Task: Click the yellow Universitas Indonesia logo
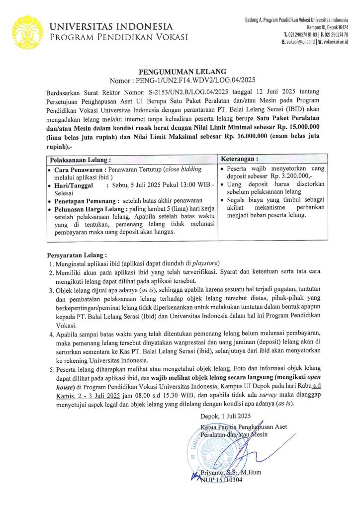pos(27,31)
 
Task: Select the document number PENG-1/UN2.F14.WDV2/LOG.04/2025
pos(196,81)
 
